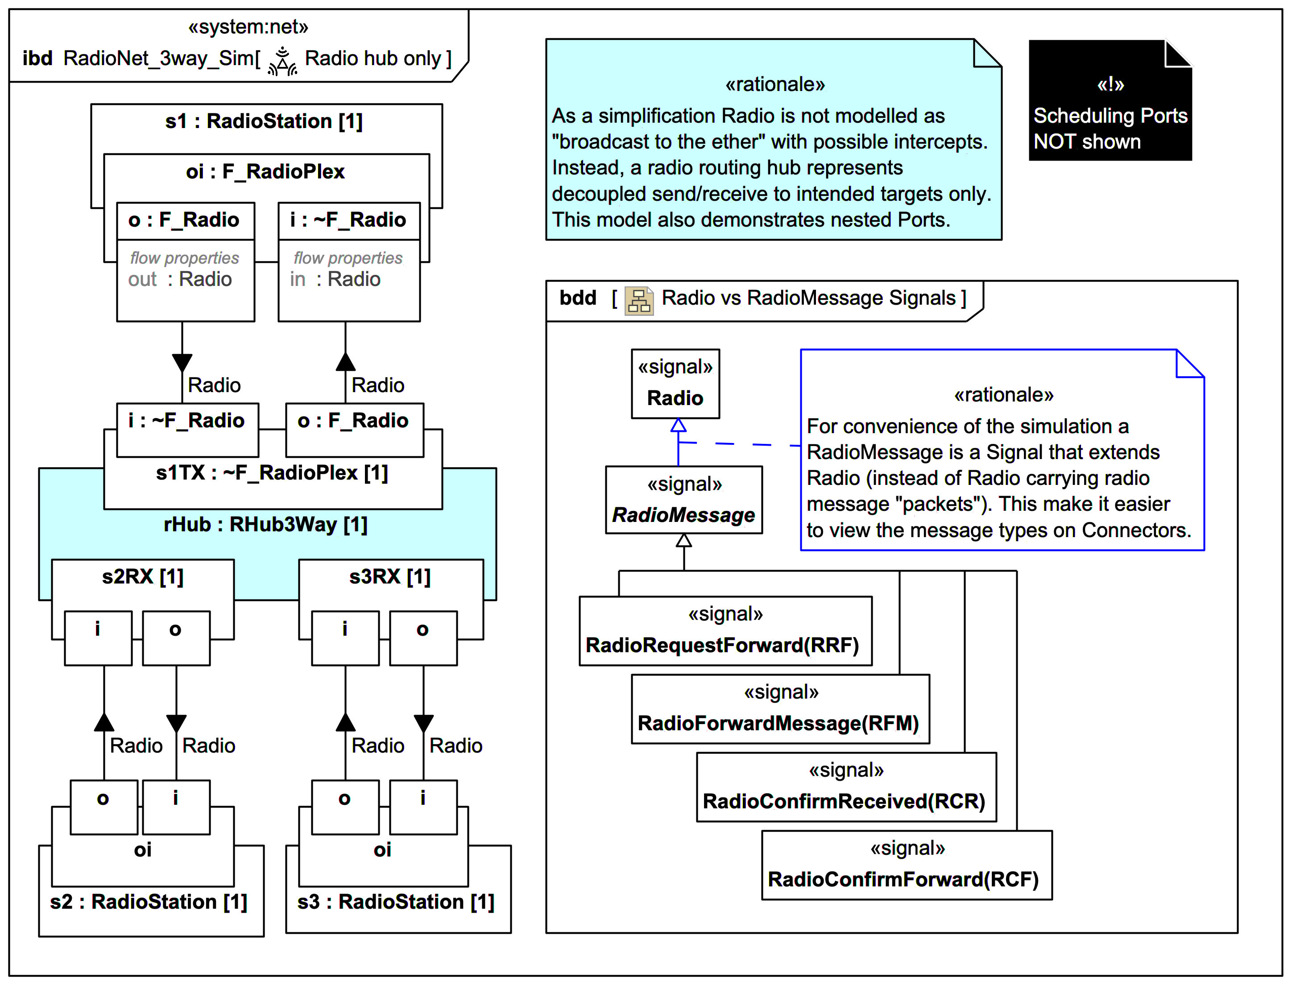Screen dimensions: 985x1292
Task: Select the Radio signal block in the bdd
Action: (675, 384)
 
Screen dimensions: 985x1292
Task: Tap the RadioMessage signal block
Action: (683, 500)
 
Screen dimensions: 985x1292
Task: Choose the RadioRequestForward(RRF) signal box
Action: (725, 631)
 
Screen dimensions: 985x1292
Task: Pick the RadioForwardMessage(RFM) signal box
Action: (780, 709)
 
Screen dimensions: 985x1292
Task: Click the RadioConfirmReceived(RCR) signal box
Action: (846, 787)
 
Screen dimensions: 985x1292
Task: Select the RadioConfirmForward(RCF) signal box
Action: (906, 865)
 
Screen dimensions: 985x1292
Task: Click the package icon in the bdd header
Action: (639, 301)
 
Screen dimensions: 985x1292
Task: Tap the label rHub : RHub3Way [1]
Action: (265, 524)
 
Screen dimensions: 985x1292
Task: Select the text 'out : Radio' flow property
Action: (180, 280)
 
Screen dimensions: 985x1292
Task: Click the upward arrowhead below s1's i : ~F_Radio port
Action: (345, 362)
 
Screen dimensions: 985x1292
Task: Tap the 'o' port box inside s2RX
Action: (176, 638)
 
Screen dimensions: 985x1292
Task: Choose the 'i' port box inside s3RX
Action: (345, 638)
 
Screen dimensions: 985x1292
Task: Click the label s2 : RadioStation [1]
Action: (148, 902)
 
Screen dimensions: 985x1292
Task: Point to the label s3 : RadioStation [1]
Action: (396, 902)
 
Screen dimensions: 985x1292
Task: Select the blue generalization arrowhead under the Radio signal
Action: (678, 425)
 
